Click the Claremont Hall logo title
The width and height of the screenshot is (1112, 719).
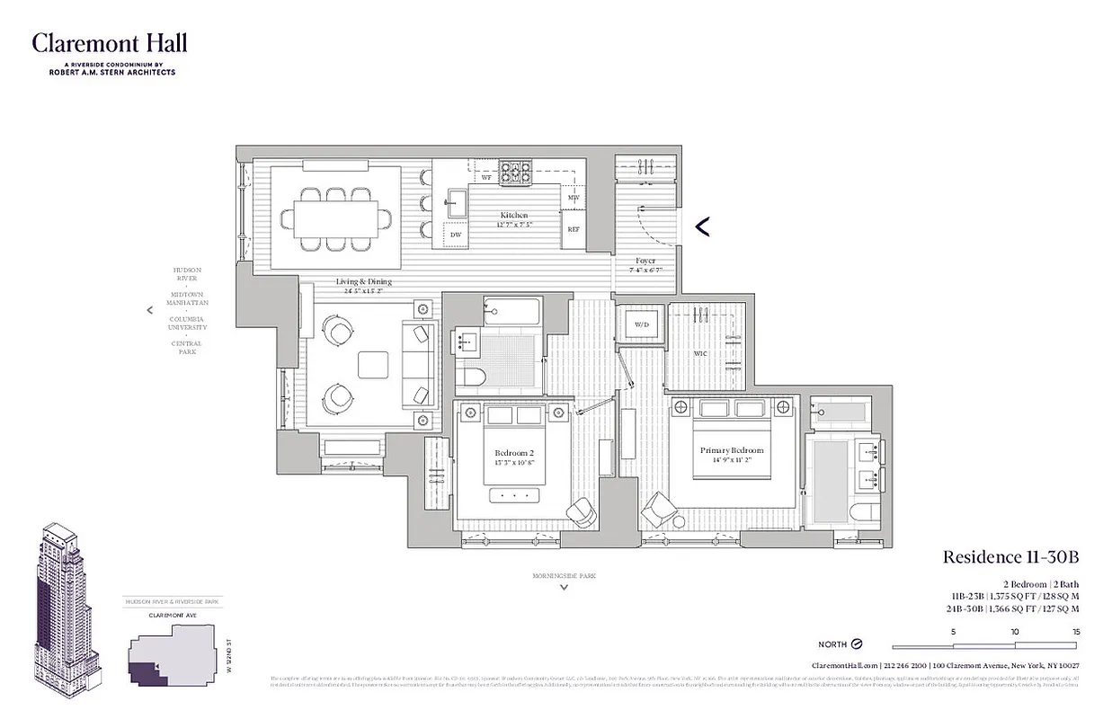click(x=110, y=43)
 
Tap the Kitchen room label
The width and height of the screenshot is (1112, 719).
click(x=514, y=216)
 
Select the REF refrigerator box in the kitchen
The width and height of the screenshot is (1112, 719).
click(x=574, y=229)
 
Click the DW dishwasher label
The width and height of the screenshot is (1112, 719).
click(x=456, y=235)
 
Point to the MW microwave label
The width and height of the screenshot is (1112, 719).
click(x=573, y=197)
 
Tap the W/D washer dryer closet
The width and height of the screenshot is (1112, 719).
click(x=642, y=324)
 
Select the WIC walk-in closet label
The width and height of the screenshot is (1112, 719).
click(x=700, y=354)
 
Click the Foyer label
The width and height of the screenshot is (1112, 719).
click(x=645, y=261)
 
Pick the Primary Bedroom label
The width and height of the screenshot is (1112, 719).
click(x=732, y=450)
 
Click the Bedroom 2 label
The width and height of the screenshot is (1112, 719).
click(x=513, y=453)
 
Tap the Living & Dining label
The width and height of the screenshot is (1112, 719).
click(x=364, y=281)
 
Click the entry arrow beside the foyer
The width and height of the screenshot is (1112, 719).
click(x=703, y=226)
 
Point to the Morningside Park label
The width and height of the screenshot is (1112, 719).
click(x=564, y=575)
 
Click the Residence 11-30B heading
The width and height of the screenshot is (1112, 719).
click(x=1010, y=557)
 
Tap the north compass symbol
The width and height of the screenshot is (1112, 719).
click(x=856, y=644)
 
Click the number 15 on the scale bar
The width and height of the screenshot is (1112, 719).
click(x=1075, y=632)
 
